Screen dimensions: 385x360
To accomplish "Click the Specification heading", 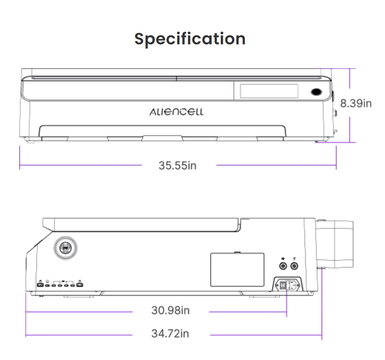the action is [190, 39].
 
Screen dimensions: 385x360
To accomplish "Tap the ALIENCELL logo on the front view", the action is [176, 112].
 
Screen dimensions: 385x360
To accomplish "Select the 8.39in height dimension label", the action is [355, 103].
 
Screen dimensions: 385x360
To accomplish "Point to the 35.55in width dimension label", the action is [177, 165].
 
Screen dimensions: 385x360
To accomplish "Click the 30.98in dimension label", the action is [171, 310].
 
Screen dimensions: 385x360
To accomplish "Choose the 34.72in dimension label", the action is [170, 333].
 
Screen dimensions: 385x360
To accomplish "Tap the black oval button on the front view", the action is [316, 92].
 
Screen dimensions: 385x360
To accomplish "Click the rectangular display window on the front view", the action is [269, 91].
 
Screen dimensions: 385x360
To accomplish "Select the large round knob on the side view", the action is [65, 248].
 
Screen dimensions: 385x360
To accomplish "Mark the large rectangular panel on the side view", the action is [237, 269].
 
